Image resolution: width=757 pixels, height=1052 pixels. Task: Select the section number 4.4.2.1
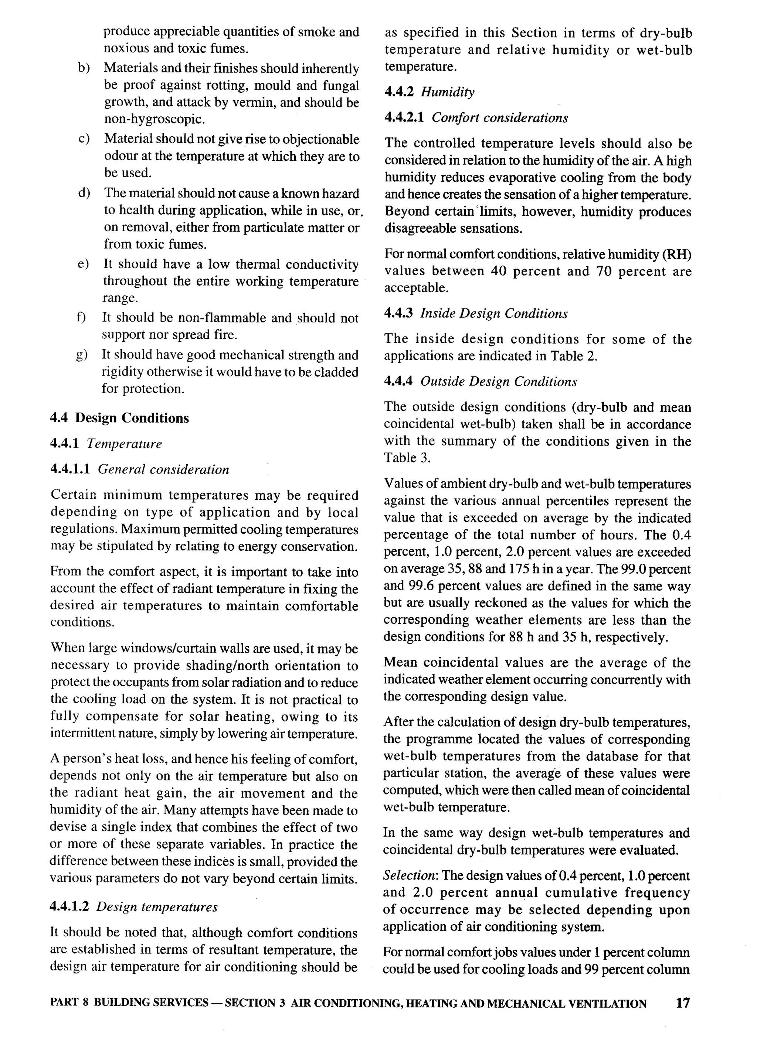[x=404, y=118]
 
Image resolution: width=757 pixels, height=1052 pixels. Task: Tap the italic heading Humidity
[x=447, y=92]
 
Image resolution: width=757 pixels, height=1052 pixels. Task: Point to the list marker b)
[x=84, y=68]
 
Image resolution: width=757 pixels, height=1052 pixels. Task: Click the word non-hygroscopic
[x=154, y=119]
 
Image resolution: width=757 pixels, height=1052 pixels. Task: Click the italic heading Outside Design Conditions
[x=499, y=382]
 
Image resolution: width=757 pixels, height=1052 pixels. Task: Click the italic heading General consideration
[x=163, y=469]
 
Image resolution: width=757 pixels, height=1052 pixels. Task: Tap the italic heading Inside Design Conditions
[x=494, y=314]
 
